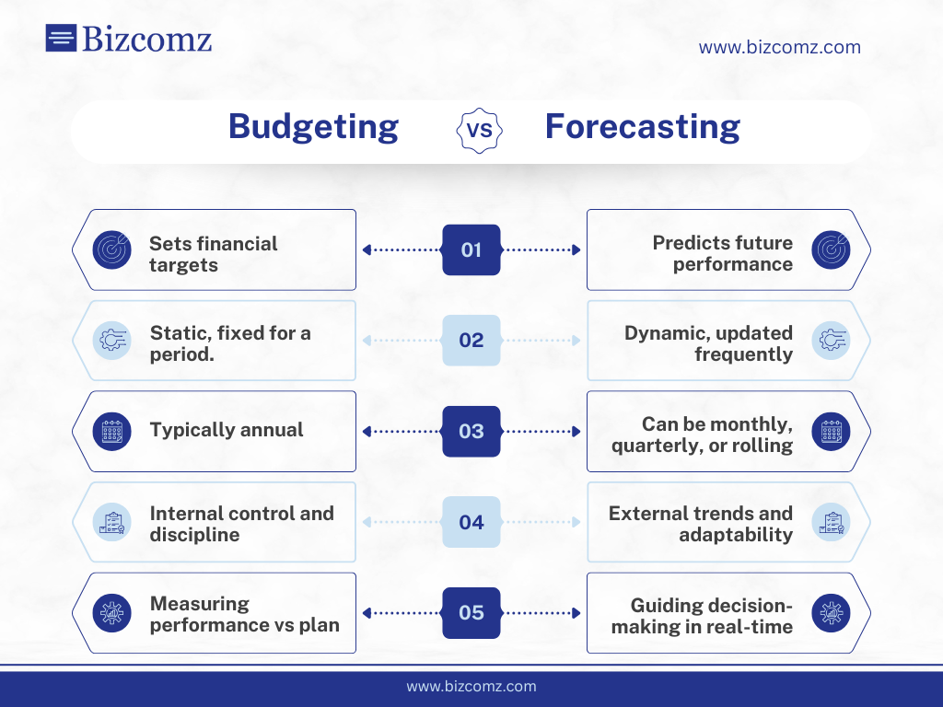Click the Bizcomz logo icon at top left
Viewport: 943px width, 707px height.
pyautogui.click(x=61, y=38)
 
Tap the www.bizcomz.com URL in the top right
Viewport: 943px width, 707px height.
pyautogui.click(x=779, y=47)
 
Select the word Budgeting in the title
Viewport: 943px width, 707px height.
pyautogui.click(x=313, y=126)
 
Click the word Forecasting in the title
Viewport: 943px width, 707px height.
pyautogui.click(x=642, y=126)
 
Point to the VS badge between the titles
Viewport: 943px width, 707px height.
pyautogui.click(x=480, y=130)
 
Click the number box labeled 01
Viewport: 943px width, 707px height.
pyautogui.click(x=471, y=249)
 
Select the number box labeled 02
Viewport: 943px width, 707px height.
pyautogui.click(x=471, y=340)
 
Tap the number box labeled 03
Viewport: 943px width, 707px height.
pyautogui.click(x=471, y=431)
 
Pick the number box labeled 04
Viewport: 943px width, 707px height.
pyautogui.click(x=471, y=522)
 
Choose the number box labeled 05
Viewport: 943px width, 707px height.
pyautogui.click(x=471, y=612)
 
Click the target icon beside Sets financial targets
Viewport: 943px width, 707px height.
pyautogui.click(x=112, y=249)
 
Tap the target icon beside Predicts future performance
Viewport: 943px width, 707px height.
pyautogui.click(x=831, y=249)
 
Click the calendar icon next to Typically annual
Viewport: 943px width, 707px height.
pyautogui.click(x=112, y=431)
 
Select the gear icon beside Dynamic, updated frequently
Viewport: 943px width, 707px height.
pyautogui.click(x=831, y=340)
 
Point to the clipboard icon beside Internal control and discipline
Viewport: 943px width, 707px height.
pyautogui.click(x=112, y=522)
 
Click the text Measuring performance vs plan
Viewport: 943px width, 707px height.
pyautogui.click(x=244, y=614)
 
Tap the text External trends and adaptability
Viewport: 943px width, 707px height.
pyautogui.click(x=700, y=524)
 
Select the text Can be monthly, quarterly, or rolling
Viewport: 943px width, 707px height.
pyautogui.click(x=702, y=435)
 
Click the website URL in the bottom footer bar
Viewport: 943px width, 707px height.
pyautogui.click(x=471, y=686)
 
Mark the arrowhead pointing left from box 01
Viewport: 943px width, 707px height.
pyautogui.click(x=367, y=249)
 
